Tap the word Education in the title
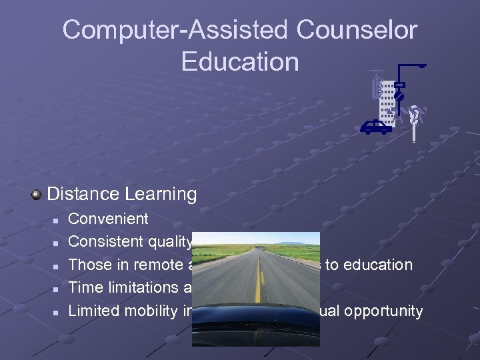click(240, 61)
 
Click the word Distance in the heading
click(82, 194)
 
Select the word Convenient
click(109, 219)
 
